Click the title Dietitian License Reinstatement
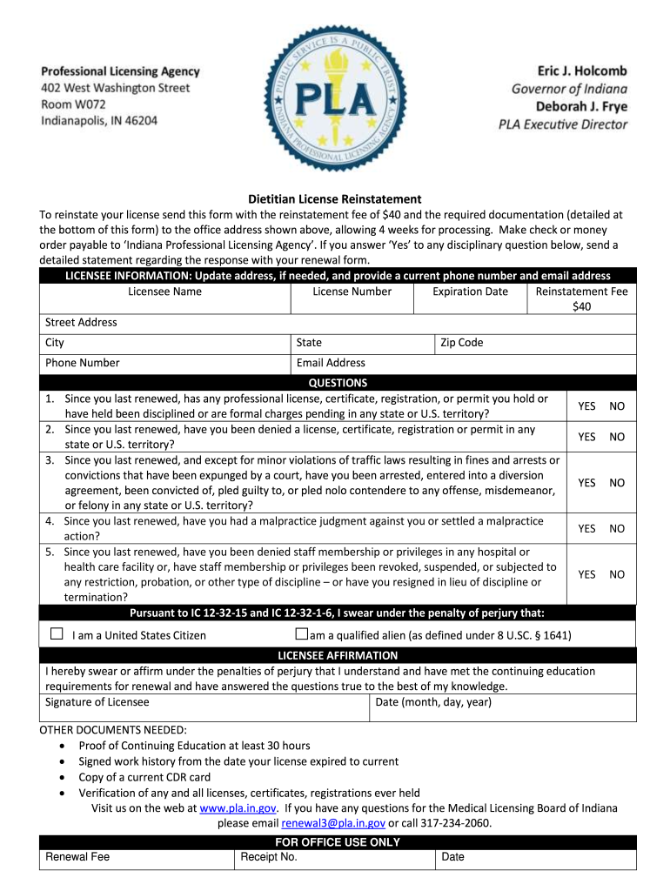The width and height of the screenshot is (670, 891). tap(335, 199)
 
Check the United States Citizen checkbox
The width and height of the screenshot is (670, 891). tap(57, 634)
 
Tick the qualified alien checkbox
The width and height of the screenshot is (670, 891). tap(302, 634)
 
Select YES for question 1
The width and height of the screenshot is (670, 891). tap(586, 406)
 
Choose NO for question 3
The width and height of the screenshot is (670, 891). tap(616, 483)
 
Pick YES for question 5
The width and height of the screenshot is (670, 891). tap(586, 574)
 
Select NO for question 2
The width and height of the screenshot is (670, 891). tap(616, 437)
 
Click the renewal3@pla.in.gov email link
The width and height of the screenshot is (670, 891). tap(332, 823)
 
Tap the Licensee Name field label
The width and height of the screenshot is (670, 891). tap(164, 291)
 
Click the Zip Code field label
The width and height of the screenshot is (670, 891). tap(461, 343)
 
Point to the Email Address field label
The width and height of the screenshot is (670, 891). tap(331, 363)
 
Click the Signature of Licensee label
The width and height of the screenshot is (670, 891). tap(97, 702)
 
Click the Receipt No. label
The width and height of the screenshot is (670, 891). tap(269, 857)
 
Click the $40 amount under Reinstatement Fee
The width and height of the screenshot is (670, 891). tap(581, 306)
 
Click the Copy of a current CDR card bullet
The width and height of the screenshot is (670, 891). tap(144, 777)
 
